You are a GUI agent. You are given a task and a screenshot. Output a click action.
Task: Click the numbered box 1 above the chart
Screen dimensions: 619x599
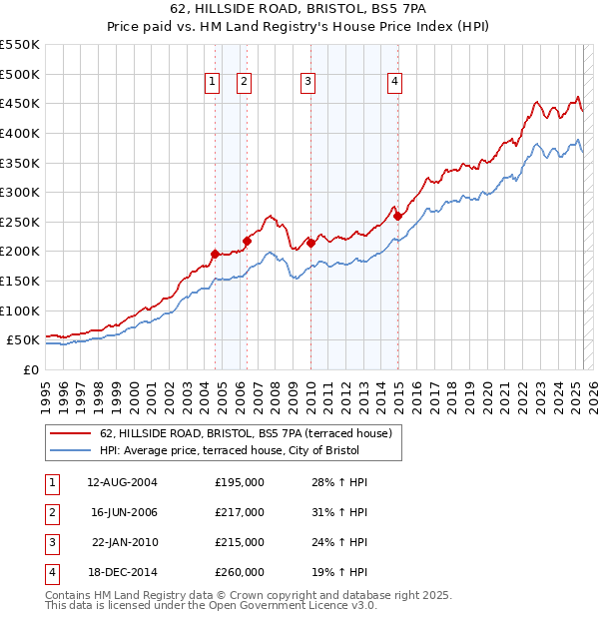(213, 83)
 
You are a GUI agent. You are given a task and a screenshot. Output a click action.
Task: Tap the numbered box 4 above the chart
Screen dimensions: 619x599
(395, 83)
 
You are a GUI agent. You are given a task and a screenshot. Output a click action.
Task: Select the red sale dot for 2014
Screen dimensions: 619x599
(397, 216)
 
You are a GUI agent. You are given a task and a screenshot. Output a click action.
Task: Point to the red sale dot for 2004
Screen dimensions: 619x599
(215, 254)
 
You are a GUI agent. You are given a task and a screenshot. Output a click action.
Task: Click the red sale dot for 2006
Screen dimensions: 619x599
(247, 241)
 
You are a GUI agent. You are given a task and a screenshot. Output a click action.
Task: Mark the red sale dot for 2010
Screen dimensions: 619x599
(310, 242)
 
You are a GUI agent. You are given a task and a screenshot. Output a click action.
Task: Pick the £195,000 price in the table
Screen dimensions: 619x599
(240, 482)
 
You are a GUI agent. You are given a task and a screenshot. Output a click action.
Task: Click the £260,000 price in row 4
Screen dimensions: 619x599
(240, 572)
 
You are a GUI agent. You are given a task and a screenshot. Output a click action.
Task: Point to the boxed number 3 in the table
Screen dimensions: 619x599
(50, 542)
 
